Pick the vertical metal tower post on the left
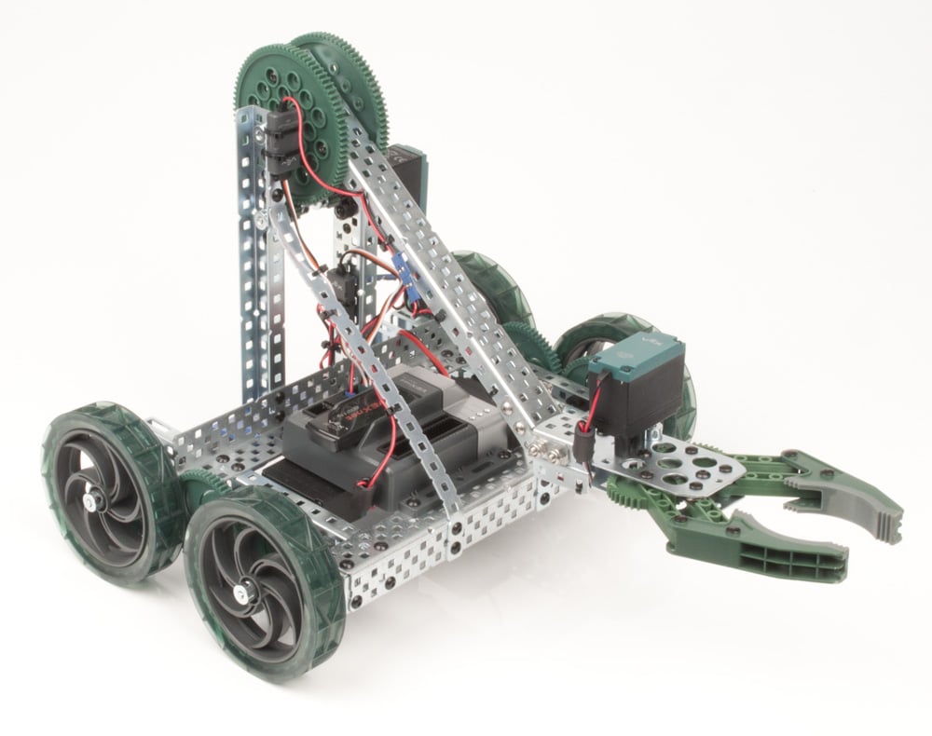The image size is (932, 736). click(x=252, y=270)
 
